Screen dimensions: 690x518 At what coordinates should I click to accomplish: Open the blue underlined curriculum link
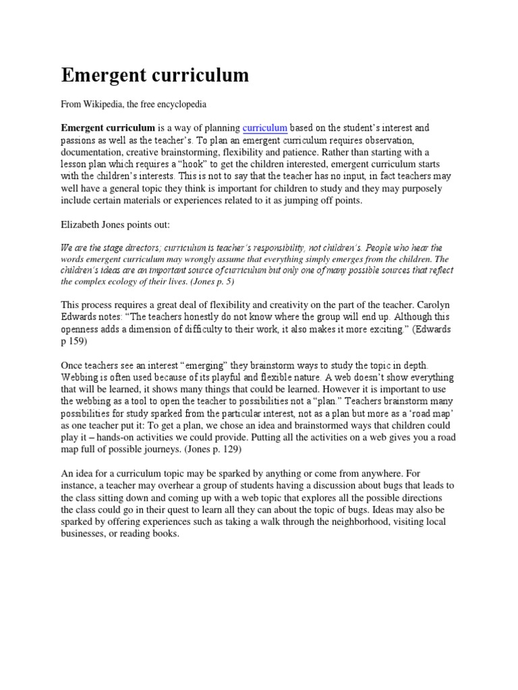265,127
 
